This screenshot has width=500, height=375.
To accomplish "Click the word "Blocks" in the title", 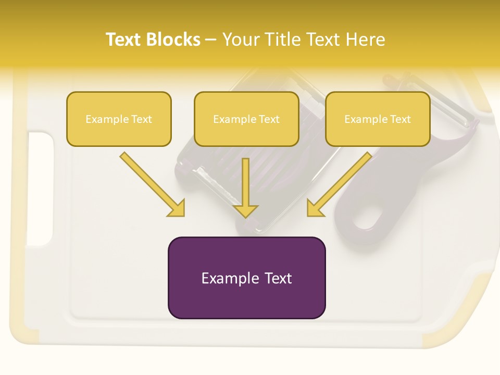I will click(x=173, y=40).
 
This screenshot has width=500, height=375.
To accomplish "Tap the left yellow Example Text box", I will click(x=119, y=119).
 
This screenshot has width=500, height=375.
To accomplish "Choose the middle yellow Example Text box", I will click(x=246, y=119).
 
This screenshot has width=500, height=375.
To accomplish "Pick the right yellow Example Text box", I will click(x=378, y=119).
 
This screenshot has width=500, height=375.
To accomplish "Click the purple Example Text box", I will click(x=246, y=278).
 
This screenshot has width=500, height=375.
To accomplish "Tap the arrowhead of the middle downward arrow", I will click(x=246, y=210).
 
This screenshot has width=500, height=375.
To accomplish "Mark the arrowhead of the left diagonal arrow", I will click(x=177, y=208).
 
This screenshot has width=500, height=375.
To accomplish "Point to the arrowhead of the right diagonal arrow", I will click(x=314, y=208).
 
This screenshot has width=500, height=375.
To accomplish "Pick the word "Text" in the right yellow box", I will click(x=400, y=119).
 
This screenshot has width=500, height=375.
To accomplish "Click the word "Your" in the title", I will click(x=241, y=40).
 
